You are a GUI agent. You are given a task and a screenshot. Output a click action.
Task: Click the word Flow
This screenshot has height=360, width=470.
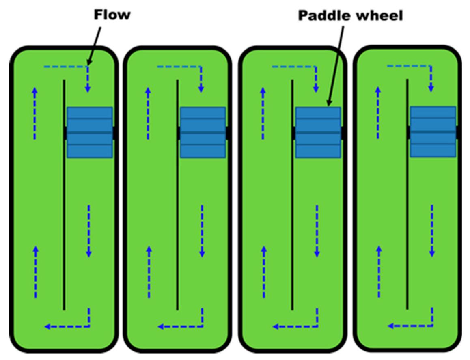pos(112,15)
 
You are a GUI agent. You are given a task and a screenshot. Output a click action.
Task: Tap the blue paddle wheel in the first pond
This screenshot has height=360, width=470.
pos(89,132)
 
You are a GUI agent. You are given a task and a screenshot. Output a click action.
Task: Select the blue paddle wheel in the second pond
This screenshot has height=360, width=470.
pos(203,132)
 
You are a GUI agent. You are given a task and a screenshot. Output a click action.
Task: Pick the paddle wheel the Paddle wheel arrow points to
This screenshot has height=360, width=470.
pos(318,132)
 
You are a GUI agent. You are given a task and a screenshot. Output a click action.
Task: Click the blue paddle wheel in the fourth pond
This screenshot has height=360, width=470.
pos(433,132)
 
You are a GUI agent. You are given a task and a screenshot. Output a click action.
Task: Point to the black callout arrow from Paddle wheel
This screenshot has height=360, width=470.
pos(336,65)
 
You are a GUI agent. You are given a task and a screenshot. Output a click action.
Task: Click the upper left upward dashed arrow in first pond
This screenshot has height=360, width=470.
pos(34,114)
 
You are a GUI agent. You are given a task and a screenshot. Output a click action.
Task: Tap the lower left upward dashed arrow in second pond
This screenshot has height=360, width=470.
pos(149,272)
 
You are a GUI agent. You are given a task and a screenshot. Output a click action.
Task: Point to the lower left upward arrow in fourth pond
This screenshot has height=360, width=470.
pos(379,272)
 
